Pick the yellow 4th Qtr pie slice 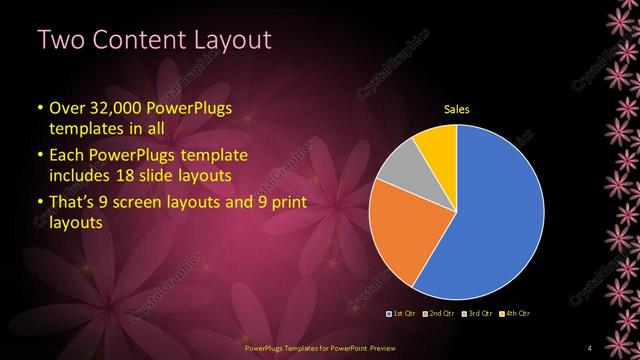437,144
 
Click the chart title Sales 457,109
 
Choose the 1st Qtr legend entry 401,315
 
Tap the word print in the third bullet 285,204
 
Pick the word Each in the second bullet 66,156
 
